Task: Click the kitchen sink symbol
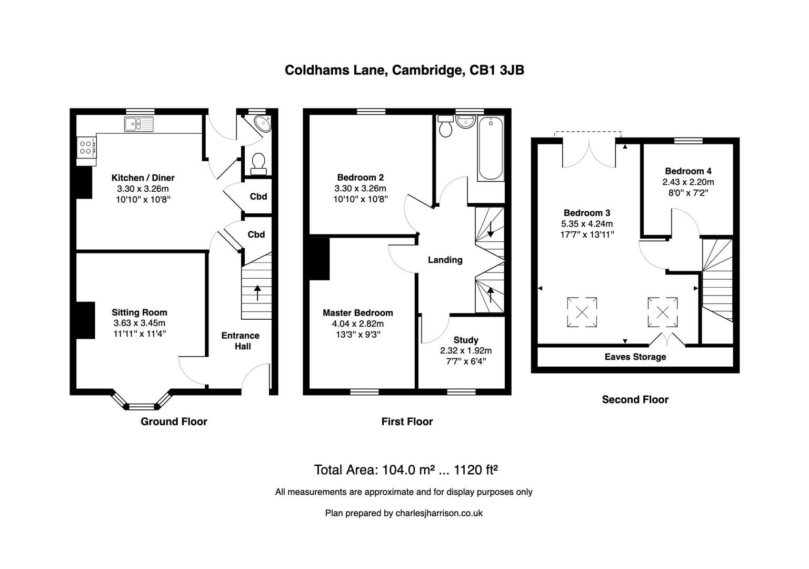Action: click(139, 124)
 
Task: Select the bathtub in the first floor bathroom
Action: click(491, 149)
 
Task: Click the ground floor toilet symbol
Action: click(258, 163)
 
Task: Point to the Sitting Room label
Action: click(139, 312)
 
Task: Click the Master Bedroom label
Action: click(358, 312)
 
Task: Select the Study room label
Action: click(466, 340)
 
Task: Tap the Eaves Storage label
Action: click(635, 357)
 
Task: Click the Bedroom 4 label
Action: click(688, 171)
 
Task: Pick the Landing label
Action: click(445, 260)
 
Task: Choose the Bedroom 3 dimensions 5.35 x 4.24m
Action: click(587, 224)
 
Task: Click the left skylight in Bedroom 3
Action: click(582, 312)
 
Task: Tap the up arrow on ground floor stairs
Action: click(257, 292)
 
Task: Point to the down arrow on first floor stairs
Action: click(490, 229)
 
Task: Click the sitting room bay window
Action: click(142, 406)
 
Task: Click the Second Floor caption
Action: click(635, 400)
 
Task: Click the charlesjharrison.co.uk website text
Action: click(438, 513)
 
